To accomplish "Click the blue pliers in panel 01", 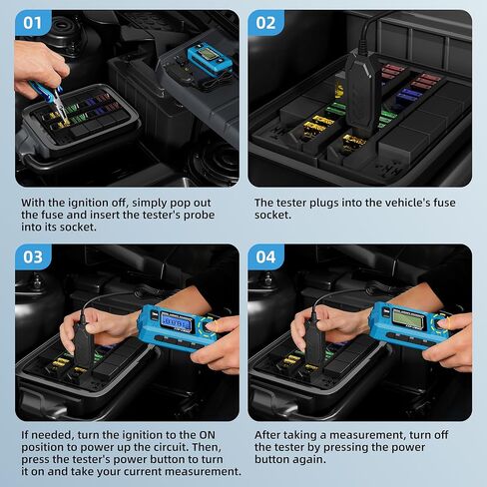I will pyautogui.click(x=46, y=88).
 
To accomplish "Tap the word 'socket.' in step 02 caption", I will pyautogui.click(x=276, y=216).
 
